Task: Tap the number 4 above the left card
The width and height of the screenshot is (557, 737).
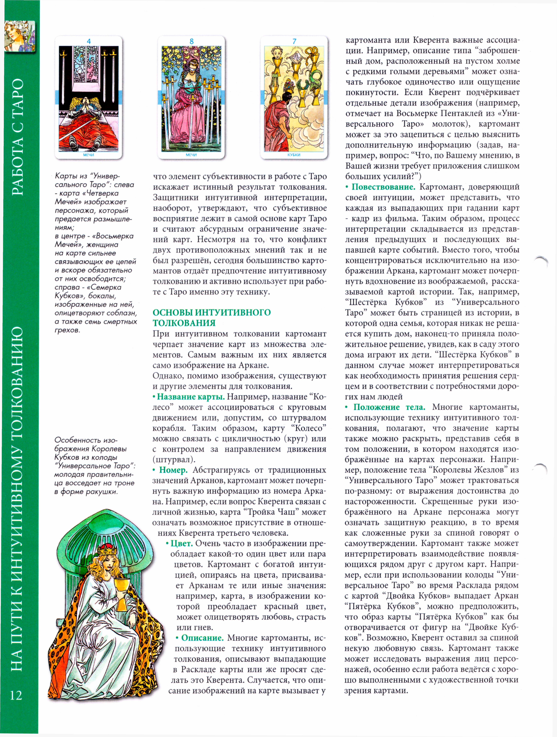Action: click(x=89, y=41)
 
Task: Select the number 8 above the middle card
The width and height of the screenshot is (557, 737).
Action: click(x=191, y=41)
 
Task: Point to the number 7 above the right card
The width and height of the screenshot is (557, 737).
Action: click(x=294, y=41)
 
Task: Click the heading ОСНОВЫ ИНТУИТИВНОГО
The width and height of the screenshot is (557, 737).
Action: click(x=212, y=313)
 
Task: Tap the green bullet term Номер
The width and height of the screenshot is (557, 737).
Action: click(x=173, y=470)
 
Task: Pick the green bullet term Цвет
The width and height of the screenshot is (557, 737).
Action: click(x=182, y=543)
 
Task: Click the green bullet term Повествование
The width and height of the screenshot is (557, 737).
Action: click(x=383, y=187)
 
